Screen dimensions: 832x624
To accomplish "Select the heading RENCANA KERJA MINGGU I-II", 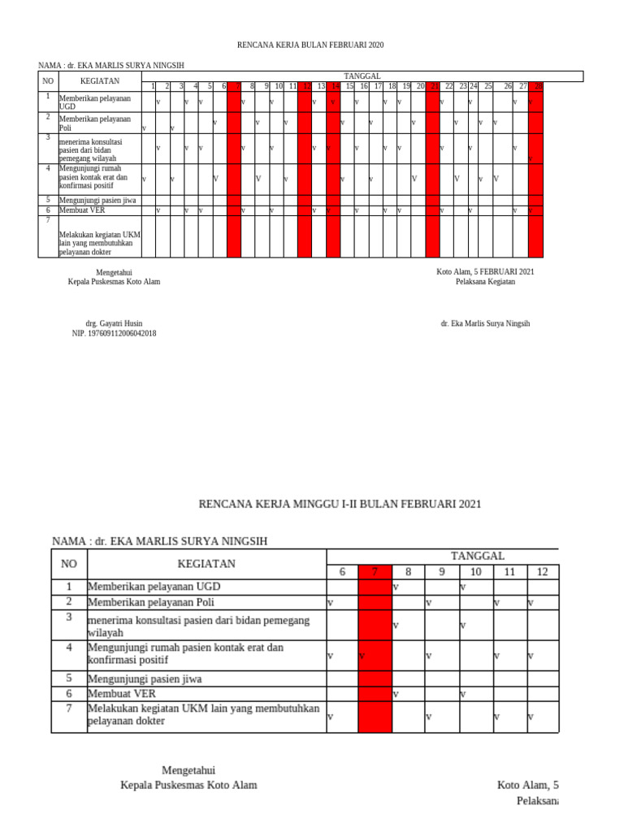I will pyautogui.click(x=340, y=505).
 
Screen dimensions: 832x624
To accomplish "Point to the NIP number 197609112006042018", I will pyautogui.click(x=115, y=333).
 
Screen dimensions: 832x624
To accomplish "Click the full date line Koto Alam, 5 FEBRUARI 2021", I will pyautogui.click(x=485, y=271).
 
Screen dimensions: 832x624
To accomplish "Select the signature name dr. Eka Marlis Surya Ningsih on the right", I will pyautogui.click(x=485, y=323).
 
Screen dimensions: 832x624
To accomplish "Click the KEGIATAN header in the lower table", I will pyautogui.click(x=206, y=563).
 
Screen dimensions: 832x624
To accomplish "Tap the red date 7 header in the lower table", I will pyautogui.click(x=375, y=572).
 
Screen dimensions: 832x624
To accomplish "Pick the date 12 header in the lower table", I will pyautogui.click(x=543, y=572).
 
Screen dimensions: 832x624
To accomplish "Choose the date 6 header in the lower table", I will pyautogui.click(x=342, y=572).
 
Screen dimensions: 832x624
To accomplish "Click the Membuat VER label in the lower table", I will pyautogui.click(x=121, y=694).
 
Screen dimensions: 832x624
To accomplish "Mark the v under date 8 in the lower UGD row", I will pyautogui.click(x=395, y=587).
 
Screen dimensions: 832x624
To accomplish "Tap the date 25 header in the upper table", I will pyautogui.click(x=487, y=85).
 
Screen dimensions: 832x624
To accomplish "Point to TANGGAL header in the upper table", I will pyautogui.click(x=362, y=76).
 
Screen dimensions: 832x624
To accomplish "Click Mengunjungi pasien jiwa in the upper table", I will pyautogui.click(x=95, y=200).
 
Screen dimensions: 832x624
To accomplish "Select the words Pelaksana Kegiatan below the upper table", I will pyautogui.click(x=485, y=282).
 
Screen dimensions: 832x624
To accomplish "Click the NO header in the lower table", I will pyautogui.click(x=69, y=563).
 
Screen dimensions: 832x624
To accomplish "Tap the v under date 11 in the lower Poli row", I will pyautogui.click(x=496, y=602).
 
